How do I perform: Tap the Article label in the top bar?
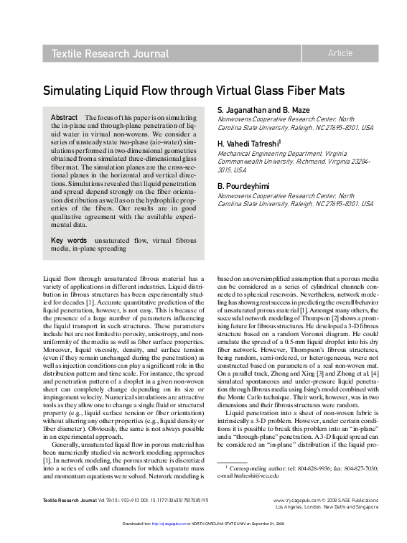(x=340, y=53)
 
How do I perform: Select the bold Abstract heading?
(x=65, y=117)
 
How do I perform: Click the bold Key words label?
(x=69, y=240)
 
